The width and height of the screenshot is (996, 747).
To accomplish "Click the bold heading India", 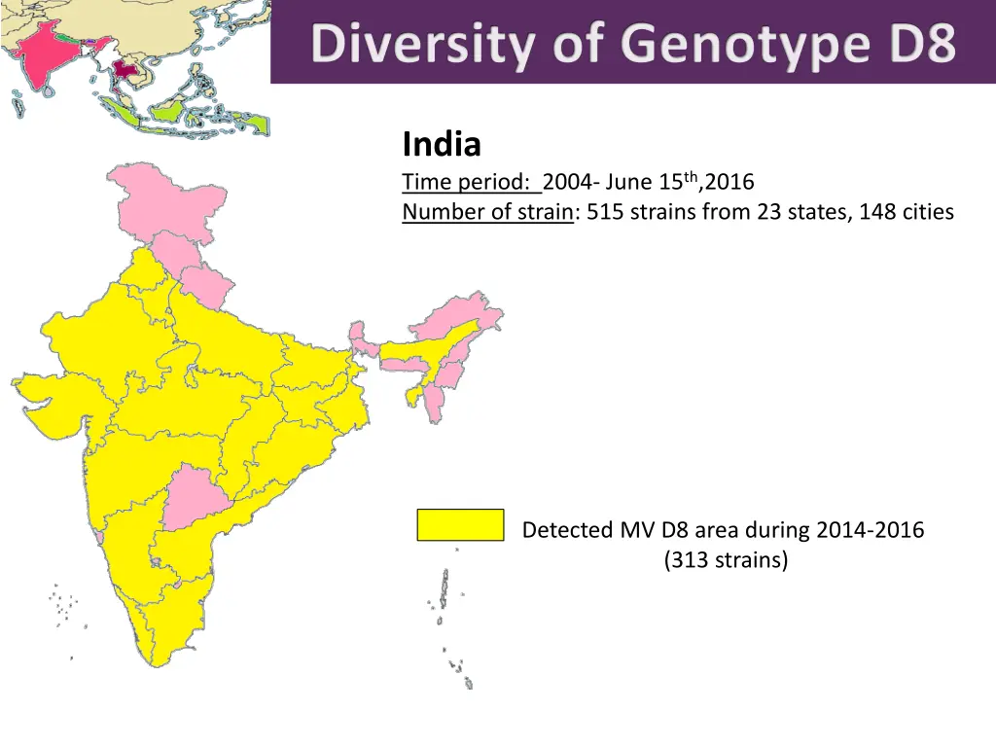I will pyautogui.click(x=441, y=145).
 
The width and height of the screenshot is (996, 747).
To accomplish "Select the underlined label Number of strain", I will pyautogui.click(x=487, y=211).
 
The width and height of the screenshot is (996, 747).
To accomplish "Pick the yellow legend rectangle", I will pyautogui.click(x=460, y=524).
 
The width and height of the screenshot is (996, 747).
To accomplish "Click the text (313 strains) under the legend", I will pyautogui.click(x=726, y=559).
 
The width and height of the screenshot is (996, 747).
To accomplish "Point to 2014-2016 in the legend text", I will pyautogui.click(x=871, y=530).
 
